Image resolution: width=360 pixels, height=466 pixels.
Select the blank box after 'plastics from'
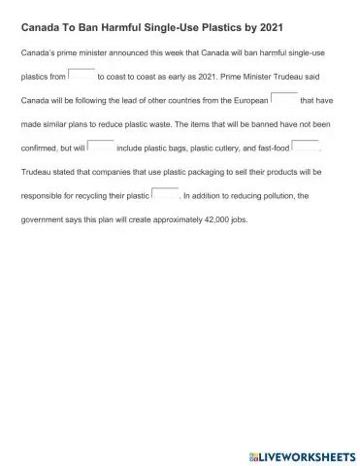[82, 74]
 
